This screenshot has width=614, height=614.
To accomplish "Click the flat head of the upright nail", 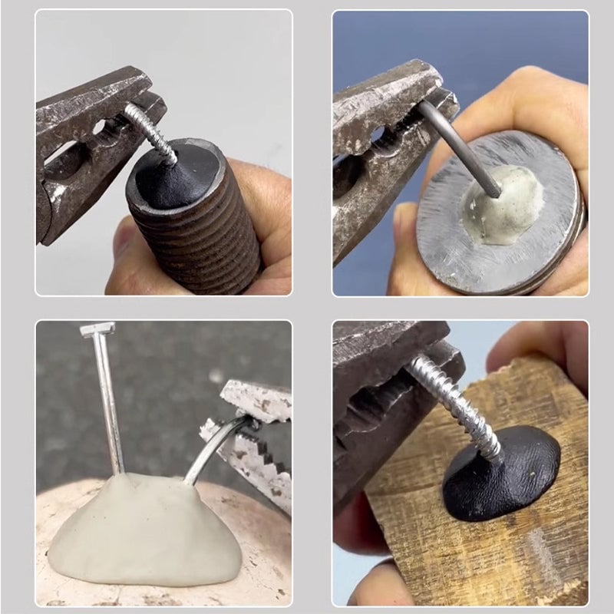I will (97, 329).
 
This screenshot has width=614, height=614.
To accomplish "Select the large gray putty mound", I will (146, 530).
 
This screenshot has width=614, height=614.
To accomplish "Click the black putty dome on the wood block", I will (503, 476).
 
